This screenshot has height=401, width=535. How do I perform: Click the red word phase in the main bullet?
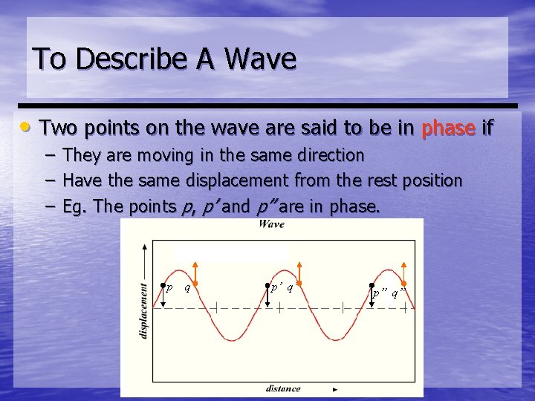447,128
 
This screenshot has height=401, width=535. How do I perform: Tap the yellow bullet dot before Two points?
25,128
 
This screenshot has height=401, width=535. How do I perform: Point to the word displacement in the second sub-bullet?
223,180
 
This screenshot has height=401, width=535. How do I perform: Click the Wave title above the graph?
272,224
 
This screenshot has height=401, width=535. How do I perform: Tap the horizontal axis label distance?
283,388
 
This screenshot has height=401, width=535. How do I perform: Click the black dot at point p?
163,284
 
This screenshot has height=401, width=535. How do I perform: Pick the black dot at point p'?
267,284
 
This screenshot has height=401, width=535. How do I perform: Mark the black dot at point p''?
372,284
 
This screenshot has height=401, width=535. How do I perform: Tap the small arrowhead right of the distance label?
335,388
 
